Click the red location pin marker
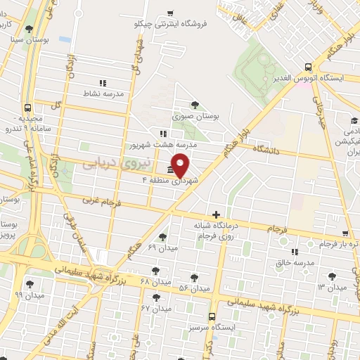(181, 165)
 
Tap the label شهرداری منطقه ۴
(170, 181)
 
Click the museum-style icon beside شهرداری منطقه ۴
(171, 171)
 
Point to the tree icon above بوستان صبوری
(195, 103)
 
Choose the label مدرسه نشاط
(104, 93)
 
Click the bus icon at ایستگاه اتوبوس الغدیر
(308, 67)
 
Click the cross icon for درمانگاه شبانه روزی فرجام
(215, 214)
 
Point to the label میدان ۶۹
(163, 247)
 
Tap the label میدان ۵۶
(194, 288)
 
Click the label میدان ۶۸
(155, 281)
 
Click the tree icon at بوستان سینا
(28, 30)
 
